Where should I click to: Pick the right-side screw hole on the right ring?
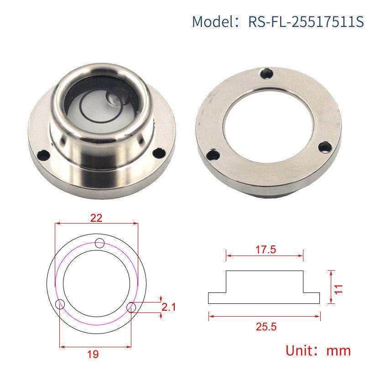coord(325,146)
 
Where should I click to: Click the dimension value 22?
coord(96,218)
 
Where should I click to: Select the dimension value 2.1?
coord(169,307)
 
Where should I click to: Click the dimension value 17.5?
coord(265,250)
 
